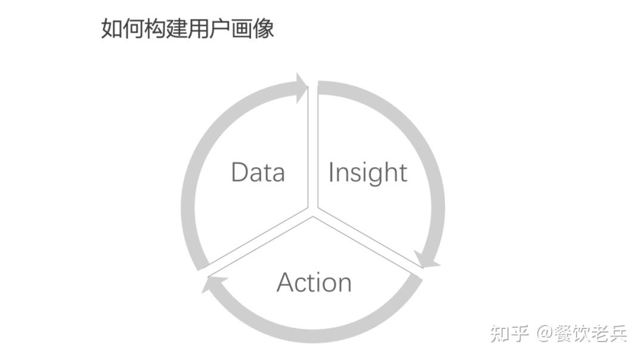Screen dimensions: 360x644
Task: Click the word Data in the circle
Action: pos(258,172)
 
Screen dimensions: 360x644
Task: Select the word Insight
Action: pos(367,173)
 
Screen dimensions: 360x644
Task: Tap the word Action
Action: pos(314,282)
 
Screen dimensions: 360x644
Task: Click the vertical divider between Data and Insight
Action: pos(312,149)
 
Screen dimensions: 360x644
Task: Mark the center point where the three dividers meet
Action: pos(312,211)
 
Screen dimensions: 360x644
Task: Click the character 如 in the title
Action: pos(111,28)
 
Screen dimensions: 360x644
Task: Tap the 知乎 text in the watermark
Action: pos(509,333)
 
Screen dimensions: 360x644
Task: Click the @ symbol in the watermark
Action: pos(545,334)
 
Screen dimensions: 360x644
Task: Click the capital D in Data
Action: pos(239,172)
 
